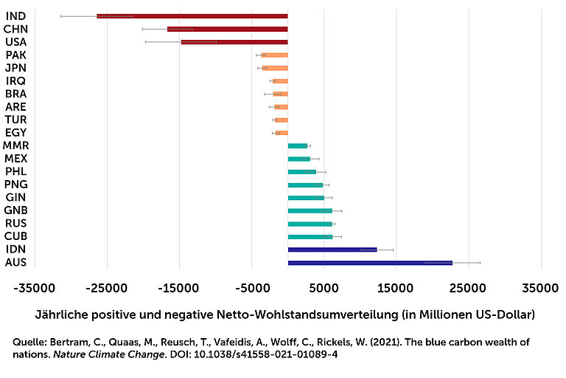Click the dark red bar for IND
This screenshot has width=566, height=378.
pyautogui.click(x=192, y=16)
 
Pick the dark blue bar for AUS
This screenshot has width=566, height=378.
pyautogui.click(x=369, y=263)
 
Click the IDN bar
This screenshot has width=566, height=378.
pyautogui.click(x=332, y=250)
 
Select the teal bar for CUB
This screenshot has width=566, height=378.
pyautogui.click(x=310, y=237)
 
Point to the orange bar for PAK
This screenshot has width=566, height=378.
pyautogui.click(x=274, y=55)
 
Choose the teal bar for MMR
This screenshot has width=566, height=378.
pyautogui.click(x=297, y=146)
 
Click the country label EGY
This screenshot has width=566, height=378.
pyautogui.click(x=15, y=133)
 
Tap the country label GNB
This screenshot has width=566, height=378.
pyautogui.click(x=15, y=210)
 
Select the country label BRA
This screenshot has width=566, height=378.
pyautogui.click(x=15, y=94)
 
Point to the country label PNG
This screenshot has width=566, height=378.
pyautogui.click(x=15, y=185)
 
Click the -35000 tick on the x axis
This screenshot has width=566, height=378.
pyautogui.click(x=35, y=286)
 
